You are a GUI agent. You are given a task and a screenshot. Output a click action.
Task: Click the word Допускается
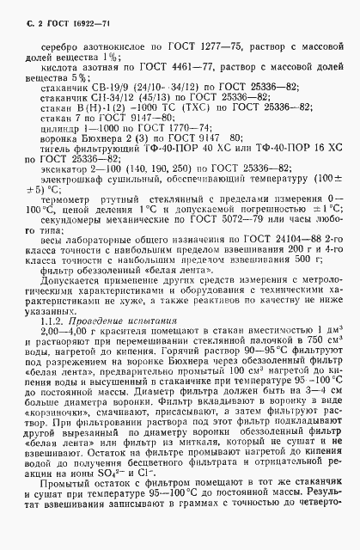coord(66,302)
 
